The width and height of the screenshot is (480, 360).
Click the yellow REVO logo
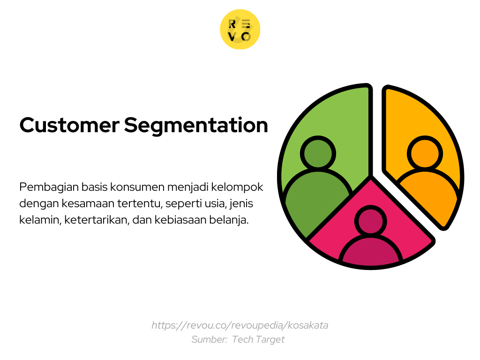tap(240, 29)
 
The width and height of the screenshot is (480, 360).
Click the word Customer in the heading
tap(69, 125)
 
